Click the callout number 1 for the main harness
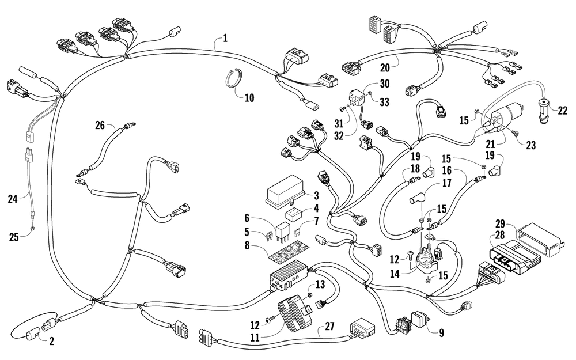pos(225,38)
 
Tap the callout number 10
pos(249,98)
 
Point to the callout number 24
pos(13,199)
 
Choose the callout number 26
pos(100,125)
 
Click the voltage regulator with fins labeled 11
pos(295,312)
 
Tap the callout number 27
pos(330,326)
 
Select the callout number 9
pos(442,333)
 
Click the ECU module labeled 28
pos(514,256)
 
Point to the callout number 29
pos(500,223)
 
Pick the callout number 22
pos(562,110)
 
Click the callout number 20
pos(385,67)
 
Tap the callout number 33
pos(384,102)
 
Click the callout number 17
pos(447,183)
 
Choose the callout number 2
pos(51,341)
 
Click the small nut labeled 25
pos(33,228)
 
